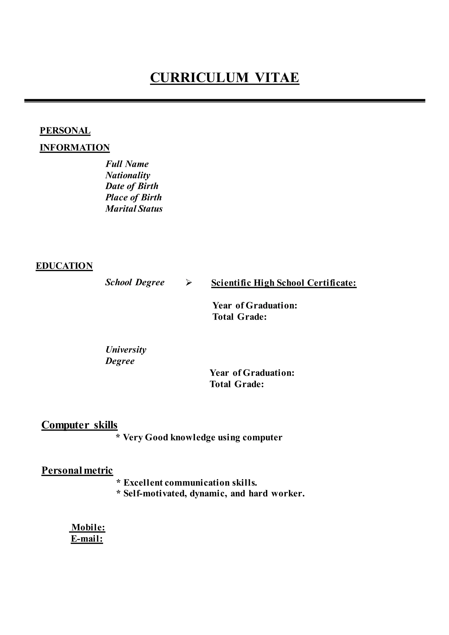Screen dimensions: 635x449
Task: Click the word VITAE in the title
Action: pos(277,78)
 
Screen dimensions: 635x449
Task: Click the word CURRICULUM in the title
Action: pos(199,78)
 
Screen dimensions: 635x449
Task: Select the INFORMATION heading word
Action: pos(75,147)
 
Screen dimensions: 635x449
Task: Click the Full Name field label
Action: pos(127,164)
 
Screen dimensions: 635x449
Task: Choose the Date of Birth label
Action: pos(132,186)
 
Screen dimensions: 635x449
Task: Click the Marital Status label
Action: pos(134,209)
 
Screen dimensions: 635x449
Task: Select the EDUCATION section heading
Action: pos(64,266)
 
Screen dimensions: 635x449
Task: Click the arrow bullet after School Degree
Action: pos(189,283)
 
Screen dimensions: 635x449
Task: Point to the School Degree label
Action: pos(135,282)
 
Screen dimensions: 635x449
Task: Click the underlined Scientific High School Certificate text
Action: pos(284,283)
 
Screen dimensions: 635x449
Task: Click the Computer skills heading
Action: pos(79,425)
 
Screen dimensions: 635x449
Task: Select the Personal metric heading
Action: pos(77,471)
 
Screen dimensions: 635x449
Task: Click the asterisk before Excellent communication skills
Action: pos(118,482)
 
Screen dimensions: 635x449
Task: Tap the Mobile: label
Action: pos(88,527)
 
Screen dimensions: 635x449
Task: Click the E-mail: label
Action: pos(87,539)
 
